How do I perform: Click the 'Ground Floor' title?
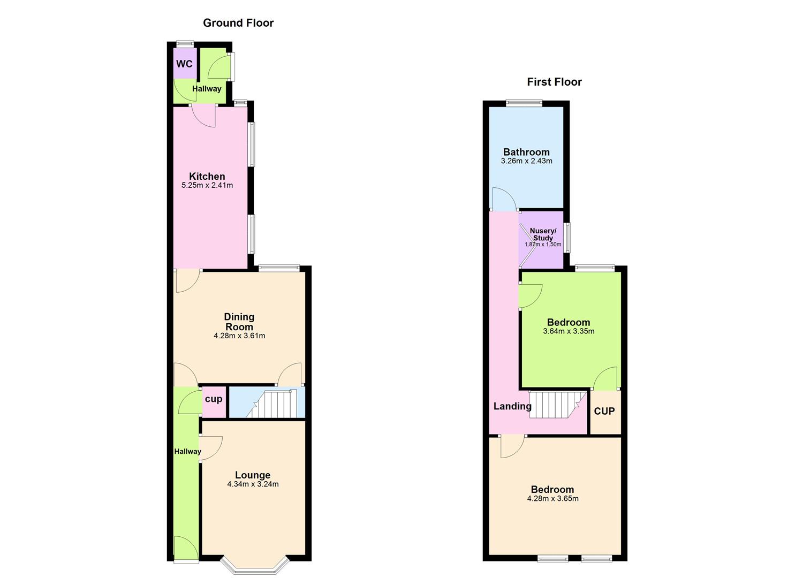[x=238, y=23]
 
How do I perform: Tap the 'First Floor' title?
[x=554, y=82]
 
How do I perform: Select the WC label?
[x=184, y=64]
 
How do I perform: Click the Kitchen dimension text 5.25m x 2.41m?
[x=207, y=186]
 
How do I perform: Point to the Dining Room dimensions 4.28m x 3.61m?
[x=239, y=336]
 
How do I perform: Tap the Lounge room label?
[x=253, y=475]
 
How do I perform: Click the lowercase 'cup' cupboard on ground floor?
[x=214, y=399]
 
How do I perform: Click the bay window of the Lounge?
[x=255, y=566]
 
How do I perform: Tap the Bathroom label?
[x=526, y=152]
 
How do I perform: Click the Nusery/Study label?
[x=543, y=234]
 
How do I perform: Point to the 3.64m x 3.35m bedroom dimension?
[x=569, y=331]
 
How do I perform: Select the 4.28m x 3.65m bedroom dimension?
[x=552, y=499]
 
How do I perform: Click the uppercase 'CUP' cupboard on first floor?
[x=604, y=411]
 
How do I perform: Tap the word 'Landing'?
[x=512, y=406]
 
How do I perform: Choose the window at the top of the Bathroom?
[x=525, y=103]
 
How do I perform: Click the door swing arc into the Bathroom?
[x=504, y=199]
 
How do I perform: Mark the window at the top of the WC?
[x=186, y=44]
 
